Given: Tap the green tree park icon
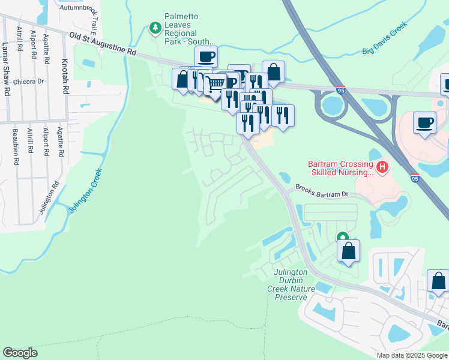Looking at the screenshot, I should point(155,27).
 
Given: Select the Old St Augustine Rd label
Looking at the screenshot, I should point(103,44).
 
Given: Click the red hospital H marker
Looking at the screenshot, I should point(382,166).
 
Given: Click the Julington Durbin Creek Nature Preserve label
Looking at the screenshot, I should point(290,284).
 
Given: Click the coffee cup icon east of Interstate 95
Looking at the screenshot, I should point(425,122).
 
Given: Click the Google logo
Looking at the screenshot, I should point(20,353).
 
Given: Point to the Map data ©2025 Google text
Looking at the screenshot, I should point(411,355).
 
